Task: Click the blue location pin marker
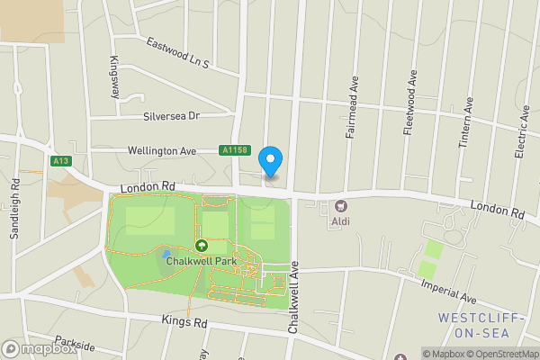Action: point(271,160)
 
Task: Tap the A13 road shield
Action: point(61,161)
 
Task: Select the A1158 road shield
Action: point(236,151)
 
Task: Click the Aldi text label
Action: point(340,221)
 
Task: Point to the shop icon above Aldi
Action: point(341,207)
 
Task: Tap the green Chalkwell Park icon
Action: point(201,245)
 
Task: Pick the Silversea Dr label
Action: point(170,116)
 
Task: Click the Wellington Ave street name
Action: point(161,151)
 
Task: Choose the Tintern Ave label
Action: point(467,115)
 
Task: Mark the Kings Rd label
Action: point(184,320)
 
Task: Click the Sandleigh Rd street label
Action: point(15,206)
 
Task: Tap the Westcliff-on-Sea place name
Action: point(480,325)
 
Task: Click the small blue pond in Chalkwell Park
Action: point(166,256)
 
